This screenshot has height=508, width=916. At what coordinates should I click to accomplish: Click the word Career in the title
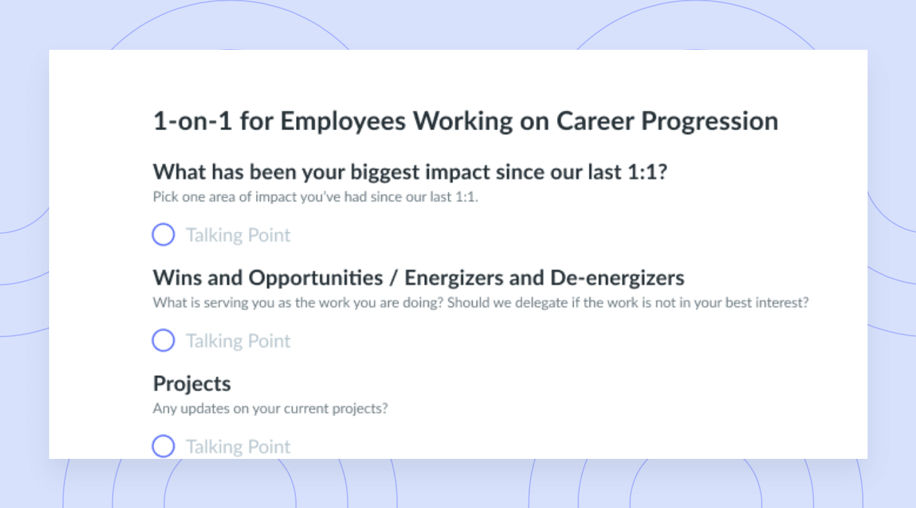[x=595, y=121]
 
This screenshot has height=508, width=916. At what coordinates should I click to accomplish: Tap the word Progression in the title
[x=710, y=123]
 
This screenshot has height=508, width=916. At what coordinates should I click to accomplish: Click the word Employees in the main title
[x=343, y=123]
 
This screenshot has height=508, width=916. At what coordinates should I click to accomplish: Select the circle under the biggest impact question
[x=163, y=235]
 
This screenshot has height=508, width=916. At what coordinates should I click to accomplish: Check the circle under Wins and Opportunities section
[x=163, y=341]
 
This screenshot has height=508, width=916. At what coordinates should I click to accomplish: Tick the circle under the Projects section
[x=163, y=446]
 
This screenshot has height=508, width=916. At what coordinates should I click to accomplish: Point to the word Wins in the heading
[x=178, y=278]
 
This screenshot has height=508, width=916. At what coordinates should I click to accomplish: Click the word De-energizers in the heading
[x=617, y=278]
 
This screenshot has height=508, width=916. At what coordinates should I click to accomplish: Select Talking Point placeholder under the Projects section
[x=238, y=446]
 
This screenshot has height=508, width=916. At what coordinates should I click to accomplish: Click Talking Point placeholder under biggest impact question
[x=238, y=235]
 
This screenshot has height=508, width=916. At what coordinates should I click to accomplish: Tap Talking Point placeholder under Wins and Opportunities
[x=238, y=341]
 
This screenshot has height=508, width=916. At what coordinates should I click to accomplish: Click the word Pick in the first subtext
[x=165, y=197]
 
